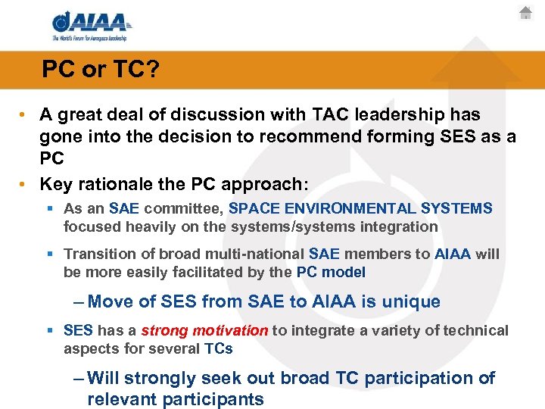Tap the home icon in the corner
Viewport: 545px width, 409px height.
point(526,13)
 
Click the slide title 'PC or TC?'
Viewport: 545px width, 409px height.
point(100,70)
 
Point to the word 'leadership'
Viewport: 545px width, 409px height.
point(403,114)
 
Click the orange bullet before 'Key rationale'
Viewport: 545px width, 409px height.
point(24,184)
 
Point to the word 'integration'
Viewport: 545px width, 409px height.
point(401,226)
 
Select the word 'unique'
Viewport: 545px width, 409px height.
point(410,301)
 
